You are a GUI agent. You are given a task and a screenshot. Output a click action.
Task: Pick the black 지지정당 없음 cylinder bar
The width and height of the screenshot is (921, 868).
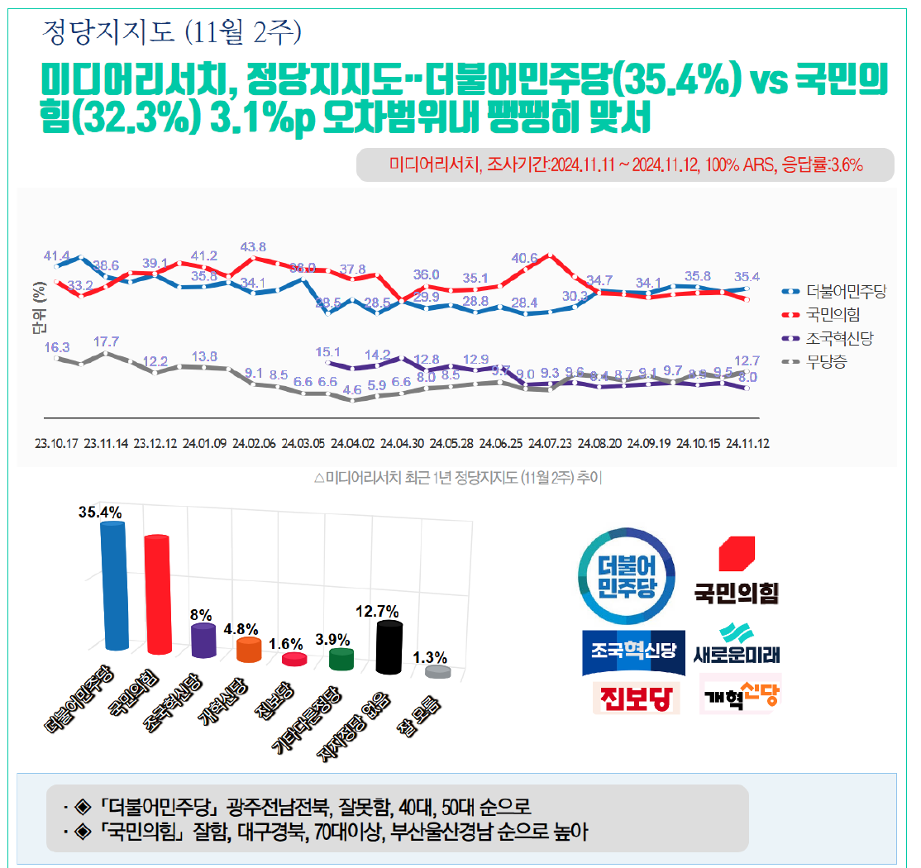(x=389, y=648)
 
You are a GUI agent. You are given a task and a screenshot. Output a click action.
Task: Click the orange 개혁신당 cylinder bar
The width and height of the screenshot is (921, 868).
(x=249, y=650)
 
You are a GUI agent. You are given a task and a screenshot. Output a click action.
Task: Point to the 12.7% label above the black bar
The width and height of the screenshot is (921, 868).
(x=378, y=612)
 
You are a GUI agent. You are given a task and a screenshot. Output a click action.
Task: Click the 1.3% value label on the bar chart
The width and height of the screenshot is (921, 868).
(x=430, y=657)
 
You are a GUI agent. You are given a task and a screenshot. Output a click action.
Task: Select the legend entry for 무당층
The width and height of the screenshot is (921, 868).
(x=827, y=361)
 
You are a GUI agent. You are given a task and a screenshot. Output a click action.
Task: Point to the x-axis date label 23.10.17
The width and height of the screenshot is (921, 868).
(x=56, y=443)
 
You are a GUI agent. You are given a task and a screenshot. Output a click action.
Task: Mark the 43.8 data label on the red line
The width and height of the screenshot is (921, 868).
(x=253, y=246)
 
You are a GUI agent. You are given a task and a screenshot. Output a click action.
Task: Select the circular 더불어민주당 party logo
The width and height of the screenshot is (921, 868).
(x=626, y=575)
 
